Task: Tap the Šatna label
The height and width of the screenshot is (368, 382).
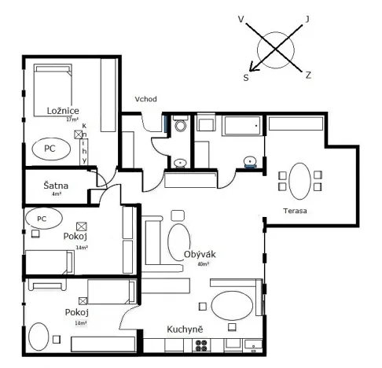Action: coord(56,186)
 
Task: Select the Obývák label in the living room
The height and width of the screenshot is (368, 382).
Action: coord(200,255)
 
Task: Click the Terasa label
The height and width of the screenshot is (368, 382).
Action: coord(296,212)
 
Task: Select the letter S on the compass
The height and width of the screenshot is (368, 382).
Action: coord(246,77)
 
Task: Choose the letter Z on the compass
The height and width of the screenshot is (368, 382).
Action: coord(308,75)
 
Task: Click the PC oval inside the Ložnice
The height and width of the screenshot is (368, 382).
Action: coord(50,147)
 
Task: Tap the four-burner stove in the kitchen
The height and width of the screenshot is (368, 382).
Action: coord(202,344)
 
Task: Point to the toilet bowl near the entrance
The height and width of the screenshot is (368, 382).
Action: coord(180,126)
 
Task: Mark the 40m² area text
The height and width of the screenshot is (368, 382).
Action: coord(204,265)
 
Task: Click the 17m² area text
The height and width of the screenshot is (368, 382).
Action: coord(72,120)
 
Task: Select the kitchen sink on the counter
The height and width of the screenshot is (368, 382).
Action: coord(252,344)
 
